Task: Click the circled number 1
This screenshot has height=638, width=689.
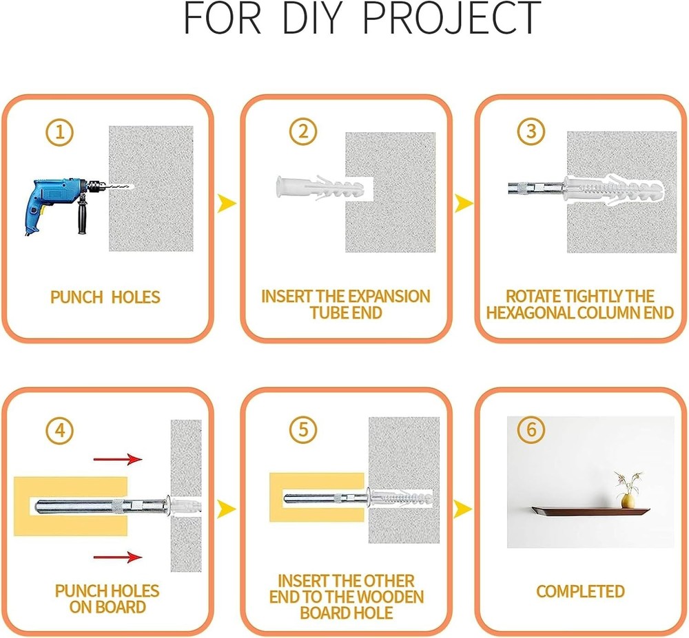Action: click(59, 132)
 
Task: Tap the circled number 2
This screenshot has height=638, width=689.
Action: click(303, 131)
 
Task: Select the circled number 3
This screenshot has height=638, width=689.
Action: click(531, 131)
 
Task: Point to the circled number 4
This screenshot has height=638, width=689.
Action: click(60, 430)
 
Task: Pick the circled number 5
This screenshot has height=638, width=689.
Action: click(303, 429)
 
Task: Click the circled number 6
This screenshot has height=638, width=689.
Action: click(531, 429)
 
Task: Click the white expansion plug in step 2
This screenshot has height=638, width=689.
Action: click(320, 189)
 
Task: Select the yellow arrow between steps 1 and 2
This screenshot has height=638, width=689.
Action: click(227, 203)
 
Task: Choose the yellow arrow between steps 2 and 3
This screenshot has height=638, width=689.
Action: click(464, 203)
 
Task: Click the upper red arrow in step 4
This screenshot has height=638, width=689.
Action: click(118, 459)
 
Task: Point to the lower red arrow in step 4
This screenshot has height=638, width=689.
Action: click(118, 557)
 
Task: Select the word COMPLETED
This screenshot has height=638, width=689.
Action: click(580, 591)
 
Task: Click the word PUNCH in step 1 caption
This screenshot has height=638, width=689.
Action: click(76, 297)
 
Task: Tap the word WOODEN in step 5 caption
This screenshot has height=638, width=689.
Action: click(391, 597)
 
